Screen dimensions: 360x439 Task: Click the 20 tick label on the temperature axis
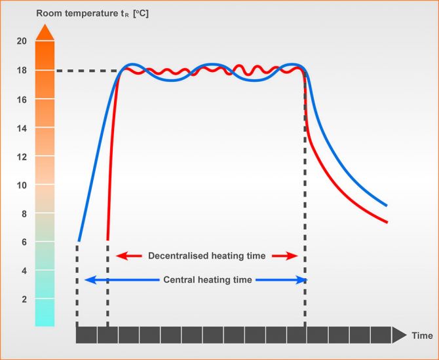(22, 41)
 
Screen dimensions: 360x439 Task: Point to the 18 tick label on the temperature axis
(22, 70)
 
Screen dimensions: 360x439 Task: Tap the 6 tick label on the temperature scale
(24, 242)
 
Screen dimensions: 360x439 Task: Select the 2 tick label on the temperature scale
(24, 299)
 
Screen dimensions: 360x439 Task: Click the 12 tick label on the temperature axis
(22, 156)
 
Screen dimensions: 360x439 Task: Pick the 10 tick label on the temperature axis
(22, 185)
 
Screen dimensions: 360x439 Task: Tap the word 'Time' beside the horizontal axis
(422, 336)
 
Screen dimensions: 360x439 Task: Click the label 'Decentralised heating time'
(206, 256)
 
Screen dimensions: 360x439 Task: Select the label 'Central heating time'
(207, 279)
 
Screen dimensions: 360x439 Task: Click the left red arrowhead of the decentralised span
(120, 256)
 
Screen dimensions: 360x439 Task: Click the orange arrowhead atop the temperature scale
(45, 32)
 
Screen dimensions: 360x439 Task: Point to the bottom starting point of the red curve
(107, 239)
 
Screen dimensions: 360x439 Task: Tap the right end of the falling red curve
(387, 223)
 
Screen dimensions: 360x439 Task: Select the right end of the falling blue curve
(387, 206)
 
